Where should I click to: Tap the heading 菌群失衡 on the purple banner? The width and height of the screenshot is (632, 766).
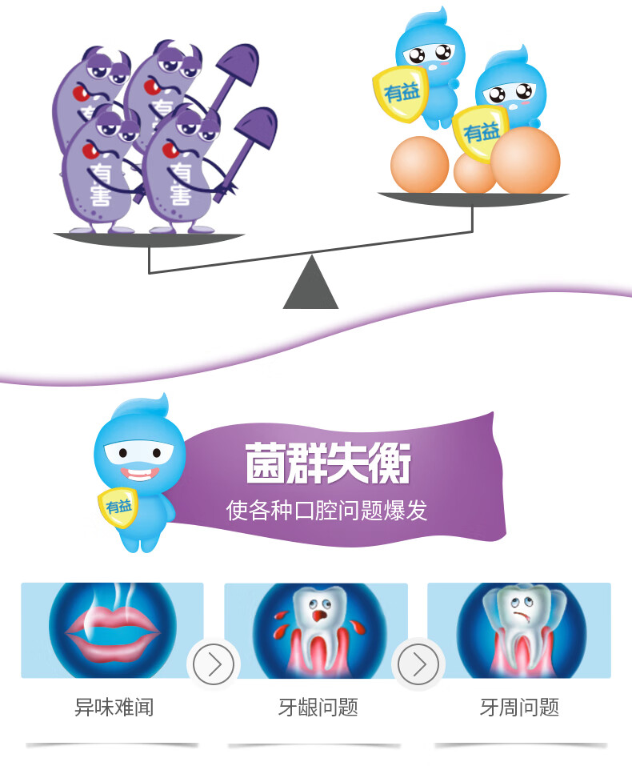pos(328,464)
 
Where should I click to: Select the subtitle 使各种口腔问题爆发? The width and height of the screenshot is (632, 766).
pos(326,510)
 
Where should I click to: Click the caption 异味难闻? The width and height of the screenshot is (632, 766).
pos(114,707)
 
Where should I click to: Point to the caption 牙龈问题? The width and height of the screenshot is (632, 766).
pos(318,707)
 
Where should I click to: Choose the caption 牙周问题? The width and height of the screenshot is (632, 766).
pos(519,707)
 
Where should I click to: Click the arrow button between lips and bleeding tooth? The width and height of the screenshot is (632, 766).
pos(214,664)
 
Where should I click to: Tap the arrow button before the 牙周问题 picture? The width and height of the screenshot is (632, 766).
pos(418,664)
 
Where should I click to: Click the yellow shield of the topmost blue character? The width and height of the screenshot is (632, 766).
pos(402,93)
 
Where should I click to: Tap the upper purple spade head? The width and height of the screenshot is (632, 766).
pos(238,63)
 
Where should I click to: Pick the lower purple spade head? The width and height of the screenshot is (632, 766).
pos(258,127)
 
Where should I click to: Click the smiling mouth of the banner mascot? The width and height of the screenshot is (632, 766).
pos(139,474)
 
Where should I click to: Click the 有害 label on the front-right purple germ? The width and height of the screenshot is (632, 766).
pos(181,184)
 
